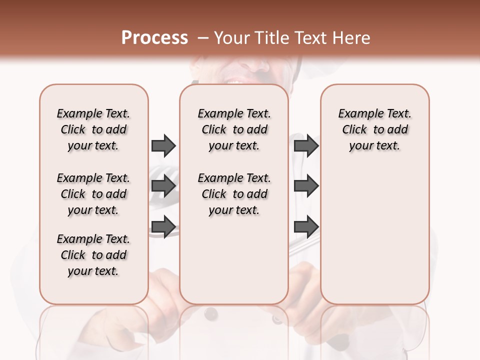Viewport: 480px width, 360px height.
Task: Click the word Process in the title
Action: tap(154, 37)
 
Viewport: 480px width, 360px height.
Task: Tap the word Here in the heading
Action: tap(352, 38)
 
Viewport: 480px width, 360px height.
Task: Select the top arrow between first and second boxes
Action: tap(163, 145)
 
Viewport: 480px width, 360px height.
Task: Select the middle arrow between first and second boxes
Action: tap(163, 186)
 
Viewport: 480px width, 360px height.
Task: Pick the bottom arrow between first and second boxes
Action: tap(163, 226)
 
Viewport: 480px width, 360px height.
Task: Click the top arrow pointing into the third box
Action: tap(306, 145)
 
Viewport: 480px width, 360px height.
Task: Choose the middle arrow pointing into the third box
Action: tap(306, 186)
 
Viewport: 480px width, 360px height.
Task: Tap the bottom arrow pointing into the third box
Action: tap(306, 226)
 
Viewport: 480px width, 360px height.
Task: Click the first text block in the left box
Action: tap(93, 129)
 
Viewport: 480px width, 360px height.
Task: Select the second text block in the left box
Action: tap(93, 194)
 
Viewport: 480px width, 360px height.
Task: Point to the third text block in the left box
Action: tap(93, 255)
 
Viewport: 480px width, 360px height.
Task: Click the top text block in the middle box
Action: tap(234, 129)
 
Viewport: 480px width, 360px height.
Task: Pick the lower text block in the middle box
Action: tap(234, 194)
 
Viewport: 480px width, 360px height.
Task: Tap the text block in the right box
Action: tap(374, 129)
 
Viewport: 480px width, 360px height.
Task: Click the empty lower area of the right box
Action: tap(374, 235)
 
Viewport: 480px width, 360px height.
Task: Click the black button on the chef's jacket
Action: tap(211, 314)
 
